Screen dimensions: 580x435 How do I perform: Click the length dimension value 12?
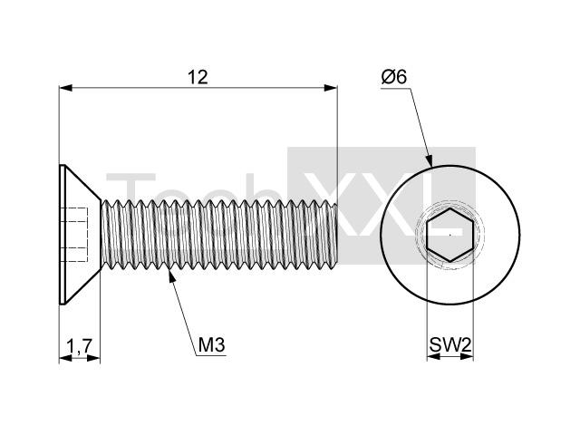tap(198, 77)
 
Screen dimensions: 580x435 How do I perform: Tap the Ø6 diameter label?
tap(394, 77)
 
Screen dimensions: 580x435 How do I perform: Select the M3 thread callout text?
tap(211, 345)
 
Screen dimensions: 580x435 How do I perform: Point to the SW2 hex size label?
tap(450, 345)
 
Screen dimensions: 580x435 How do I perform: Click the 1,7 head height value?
tap(79, 346)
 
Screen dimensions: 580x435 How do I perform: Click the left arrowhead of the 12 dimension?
tap(66, 88)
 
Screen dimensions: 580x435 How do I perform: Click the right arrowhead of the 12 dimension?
tap(330, 88)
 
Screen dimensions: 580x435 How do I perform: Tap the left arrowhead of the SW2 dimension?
tap(433, 356)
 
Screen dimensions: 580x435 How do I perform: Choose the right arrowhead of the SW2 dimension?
tap(468, 356)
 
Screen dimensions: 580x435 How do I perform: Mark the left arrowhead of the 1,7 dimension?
tap(66, 358)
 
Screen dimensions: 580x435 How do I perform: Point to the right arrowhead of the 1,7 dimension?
tap(93, 358)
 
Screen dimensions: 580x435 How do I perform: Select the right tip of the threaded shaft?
tap(336, 235)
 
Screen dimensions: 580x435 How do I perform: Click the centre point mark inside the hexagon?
tap(449, 235)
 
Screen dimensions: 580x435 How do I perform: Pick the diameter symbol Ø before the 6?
tap(389, 77)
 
